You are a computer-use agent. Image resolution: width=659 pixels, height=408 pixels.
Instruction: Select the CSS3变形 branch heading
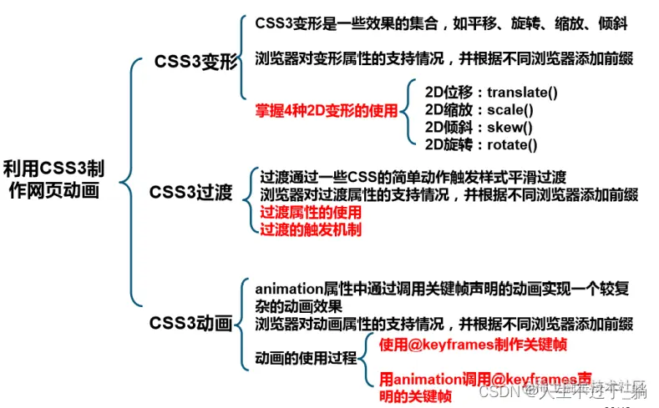click(x=196, y=62)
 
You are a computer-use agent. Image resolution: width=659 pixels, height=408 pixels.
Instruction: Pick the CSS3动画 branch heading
click(x=191, y=323)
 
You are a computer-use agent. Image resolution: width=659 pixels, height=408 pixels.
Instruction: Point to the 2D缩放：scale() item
click(x=479, y=109)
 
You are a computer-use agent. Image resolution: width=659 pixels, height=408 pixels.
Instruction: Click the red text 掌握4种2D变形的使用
click(x=327, y=109)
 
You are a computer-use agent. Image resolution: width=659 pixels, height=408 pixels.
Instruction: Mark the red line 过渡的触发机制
click(x=310, y=229)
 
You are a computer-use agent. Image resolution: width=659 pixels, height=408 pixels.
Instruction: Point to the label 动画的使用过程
click(x=305, y=357)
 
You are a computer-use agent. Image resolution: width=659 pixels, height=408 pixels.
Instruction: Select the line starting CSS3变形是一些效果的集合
click(x=441, y=23)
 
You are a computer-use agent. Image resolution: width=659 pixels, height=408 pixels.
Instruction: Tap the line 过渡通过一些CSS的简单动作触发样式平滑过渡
click(x=413, y=177)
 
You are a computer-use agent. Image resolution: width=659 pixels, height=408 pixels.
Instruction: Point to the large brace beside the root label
click(x=127, y=179)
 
